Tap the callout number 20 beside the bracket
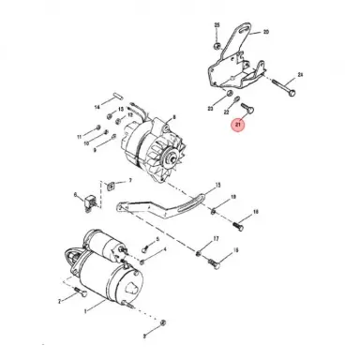tap(265, 32)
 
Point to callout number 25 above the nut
tap(217, 23)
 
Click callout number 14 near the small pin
tap(97, 108)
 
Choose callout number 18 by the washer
tap(233, 198)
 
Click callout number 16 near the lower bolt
tap(235, 251)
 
